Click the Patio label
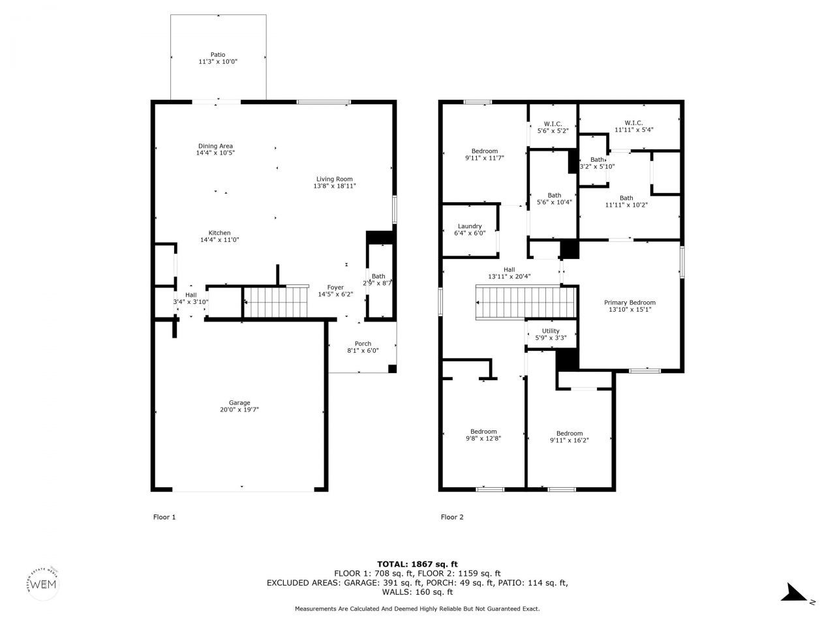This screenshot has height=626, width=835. point(218,55)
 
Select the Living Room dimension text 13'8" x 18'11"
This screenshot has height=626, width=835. point(335,186)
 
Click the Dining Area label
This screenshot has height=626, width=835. point(215,146)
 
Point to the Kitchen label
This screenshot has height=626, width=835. point(219,233)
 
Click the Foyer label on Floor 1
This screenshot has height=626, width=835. point(335,287)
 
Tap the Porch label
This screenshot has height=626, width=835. point(363,344)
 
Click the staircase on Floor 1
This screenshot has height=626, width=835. point(275,302)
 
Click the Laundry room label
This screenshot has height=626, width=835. point(470,226)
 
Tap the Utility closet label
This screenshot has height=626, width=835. point(551,331)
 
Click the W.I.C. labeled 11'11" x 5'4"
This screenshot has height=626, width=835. point(633,123)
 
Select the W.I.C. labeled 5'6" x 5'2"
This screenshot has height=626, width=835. point(553,124)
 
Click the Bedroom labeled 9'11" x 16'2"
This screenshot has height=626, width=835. point(569,434)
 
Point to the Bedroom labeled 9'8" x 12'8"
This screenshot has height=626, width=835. point(483,431)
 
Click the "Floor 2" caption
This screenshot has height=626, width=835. point(452,517)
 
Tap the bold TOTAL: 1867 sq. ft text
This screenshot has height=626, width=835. point(417,564)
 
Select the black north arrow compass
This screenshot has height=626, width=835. point(795,593)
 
